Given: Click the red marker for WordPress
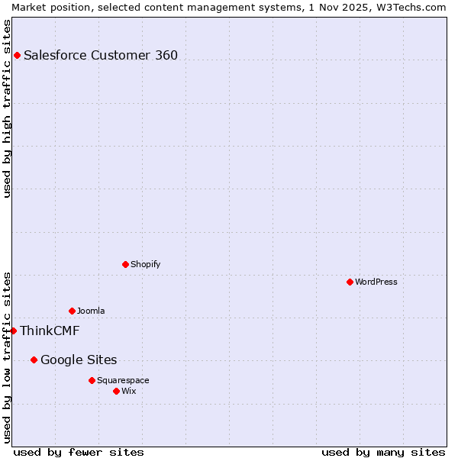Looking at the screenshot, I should (x=350, y=282).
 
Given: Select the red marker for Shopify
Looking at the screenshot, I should (x=125, y=264).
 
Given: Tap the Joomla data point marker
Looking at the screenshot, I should (x=72, y=311).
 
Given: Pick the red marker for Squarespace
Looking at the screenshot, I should (x=92, y=380).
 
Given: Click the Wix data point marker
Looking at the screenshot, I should (x=116, y=391).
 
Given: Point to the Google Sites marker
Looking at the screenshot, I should (x=34, y=360).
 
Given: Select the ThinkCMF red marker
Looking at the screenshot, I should (x=13, y=331).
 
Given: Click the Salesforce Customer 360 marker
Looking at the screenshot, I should (x=17, y=55).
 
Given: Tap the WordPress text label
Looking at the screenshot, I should (x=376, y=282).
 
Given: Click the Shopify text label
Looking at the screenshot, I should (x=146, y=264).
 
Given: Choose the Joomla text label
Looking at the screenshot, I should (x=91, y=311).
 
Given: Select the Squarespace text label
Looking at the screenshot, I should (x=123, y=380).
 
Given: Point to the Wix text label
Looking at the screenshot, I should (x=129, y=391).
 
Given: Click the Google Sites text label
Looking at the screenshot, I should (x=79, y=360).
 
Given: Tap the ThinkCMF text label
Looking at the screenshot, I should (x=50, y=331).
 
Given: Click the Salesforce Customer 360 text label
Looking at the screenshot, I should (x=101, y=55).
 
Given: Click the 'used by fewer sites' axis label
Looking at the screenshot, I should (x=79, y=452).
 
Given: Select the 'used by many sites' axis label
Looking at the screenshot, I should (x=383, y=452).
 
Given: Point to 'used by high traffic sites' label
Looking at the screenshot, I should (x=7, y=108).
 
